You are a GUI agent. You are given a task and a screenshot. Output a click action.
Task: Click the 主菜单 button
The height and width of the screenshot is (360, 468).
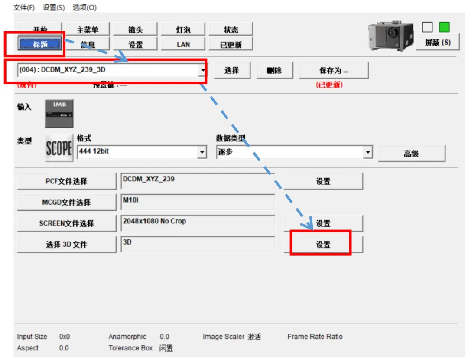coord(88,29)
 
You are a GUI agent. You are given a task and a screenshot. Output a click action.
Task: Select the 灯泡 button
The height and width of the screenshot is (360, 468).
coord(183,29)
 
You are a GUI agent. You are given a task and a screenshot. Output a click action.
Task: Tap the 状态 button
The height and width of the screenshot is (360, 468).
coord(231,29)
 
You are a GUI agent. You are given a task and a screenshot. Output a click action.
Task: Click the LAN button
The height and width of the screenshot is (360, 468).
coord(183,44)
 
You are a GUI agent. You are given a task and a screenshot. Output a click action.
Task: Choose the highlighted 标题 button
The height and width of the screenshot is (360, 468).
coord(40,44)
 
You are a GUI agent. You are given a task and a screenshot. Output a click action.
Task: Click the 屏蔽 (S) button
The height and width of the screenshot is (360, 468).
coord(437,42)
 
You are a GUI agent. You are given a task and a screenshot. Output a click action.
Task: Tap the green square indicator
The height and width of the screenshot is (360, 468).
coord(444,27)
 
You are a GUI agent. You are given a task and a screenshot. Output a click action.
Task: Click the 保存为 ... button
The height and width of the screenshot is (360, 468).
coord(334,70)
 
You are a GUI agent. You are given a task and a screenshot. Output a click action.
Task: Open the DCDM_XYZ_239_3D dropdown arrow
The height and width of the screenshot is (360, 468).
coord(203,70)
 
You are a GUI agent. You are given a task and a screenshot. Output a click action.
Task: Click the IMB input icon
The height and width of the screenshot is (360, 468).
coord(59,114)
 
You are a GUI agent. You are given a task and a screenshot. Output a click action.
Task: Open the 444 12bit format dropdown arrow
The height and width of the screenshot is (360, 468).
coord(202,152)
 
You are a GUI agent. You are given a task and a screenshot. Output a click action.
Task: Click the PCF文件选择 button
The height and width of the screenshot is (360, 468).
coord(66,181)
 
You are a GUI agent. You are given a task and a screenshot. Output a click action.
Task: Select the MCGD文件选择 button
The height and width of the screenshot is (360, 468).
coord(66,202)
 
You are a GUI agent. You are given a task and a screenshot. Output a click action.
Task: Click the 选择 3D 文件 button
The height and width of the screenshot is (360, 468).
coord(66,245)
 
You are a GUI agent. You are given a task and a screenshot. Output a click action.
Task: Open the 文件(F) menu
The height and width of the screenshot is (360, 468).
coord(24,7)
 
